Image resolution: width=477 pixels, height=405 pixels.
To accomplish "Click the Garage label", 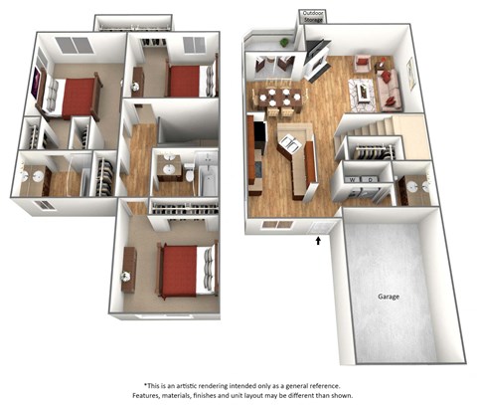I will coord(389,297).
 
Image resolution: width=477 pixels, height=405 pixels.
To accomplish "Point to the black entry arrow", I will coord(318,240).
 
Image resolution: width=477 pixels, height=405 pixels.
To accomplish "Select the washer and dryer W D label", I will coord(361,179).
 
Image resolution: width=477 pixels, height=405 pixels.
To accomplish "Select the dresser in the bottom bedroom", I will coord(129,269).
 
